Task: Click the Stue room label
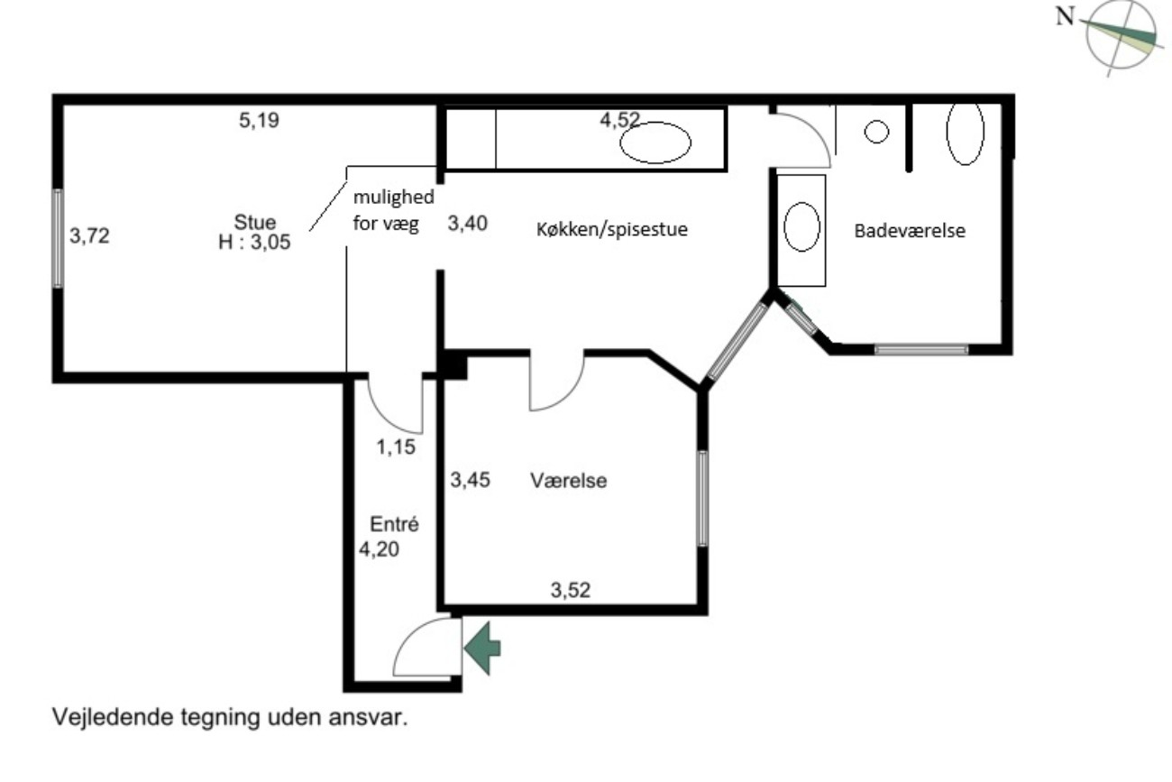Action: (255, 223)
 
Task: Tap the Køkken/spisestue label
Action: (611, 229)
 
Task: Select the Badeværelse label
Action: (910, 231)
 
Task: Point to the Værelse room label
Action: (569, 481)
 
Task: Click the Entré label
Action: (395, 524)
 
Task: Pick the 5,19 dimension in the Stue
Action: (259, 120)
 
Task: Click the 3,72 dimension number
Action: (89, 236)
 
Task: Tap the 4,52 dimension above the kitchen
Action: (619, 120)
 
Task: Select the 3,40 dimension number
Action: (467, 224)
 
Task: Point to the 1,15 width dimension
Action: (396, 447)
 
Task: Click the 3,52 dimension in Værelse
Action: (571, 591)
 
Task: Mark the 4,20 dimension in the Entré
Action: (379, 549)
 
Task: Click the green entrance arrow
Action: (482, 648)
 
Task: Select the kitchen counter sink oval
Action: (655, 142)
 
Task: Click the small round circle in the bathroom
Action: (876, 132)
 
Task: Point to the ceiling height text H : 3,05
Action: (254, 243)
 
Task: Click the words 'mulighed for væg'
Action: (393, 210)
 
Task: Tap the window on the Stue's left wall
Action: (58, 238)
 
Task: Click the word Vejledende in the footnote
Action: (114, 717)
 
